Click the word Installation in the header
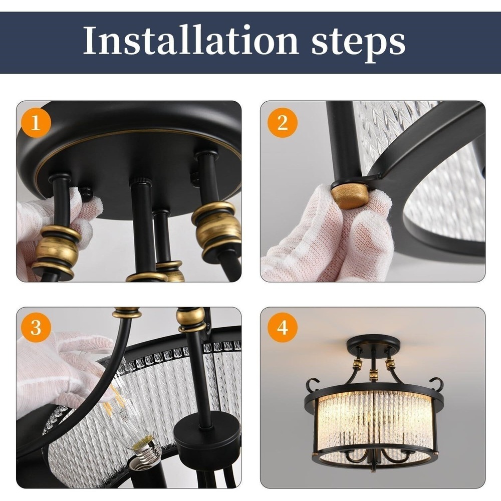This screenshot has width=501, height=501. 190,41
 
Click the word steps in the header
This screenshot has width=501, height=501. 359,44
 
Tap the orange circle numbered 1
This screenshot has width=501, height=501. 36,122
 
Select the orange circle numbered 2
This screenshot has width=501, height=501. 283,122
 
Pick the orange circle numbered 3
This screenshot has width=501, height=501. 36,327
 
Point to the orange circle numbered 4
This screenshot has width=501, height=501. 283,327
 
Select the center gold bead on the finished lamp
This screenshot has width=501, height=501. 373,374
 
